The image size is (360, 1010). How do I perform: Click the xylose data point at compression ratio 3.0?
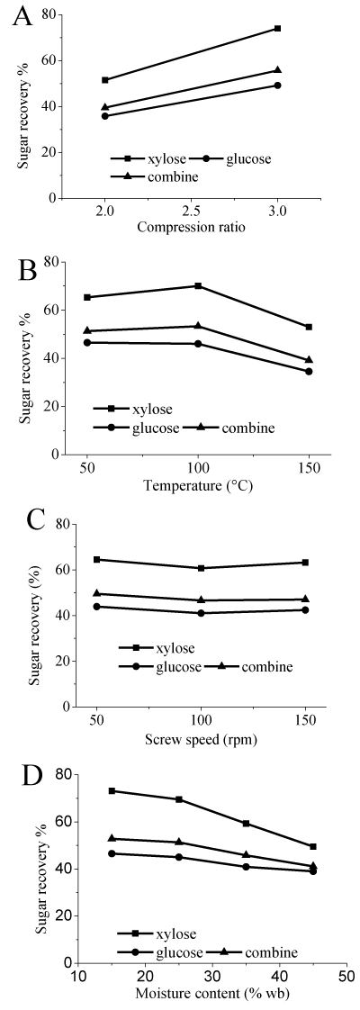click(x=277, y=28)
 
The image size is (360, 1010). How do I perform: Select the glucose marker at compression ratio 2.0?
click(x=105, y=116)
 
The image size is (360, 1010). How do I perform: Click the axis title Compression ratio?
click(x=191, y=227)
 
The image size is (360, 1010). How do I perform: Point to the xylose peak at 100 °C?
click(x=198, y=285)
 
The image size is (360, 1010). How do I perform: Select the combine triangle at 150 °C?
click(x=309, y=359)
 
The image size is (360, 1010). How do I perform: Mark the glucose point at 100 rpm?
click(x=202, y=612)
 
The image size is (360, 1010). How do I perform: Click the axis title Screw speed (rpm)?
click(x=201, y=739)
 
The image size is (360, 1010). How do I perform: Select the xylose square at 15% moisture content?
click(x=112, y=790)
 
